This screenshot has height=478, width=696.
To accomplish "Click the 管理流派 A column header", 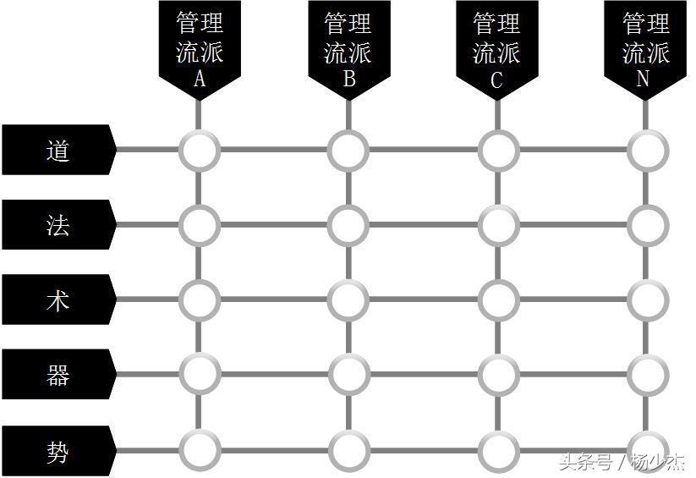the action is click(x=200, y=49).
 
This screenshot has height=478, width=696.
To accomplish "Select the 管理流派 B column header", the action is click(x=349, y=49).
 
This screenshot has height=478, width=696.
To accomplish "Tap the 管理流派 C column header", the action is click(x=497, y=49).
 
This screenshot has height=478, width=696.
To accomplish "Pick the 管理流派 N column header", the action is click(x=645, y=49).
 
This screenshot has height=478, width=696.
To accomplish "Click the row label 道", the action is click(x=58, y=150).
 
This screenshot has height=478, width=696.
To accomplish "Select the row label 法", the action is click(x=58, y=224).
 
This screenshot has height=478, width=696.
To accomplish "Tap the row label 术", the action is click(x=58, y=299).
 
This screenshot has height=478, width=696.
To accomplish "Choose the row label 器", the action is click(x=58, y=374).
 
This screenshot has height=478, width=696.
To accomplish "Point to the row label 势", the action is click(x=58, y=451).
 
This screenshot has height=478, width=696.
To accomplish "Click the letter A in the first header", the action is click(x=200, y=79).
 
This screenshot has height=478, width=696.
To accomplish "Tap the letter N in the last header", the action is click(x=643, y=79).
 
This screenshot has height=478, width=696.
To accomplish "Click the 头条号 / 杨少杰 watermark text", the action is click(x=622, y=462).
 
